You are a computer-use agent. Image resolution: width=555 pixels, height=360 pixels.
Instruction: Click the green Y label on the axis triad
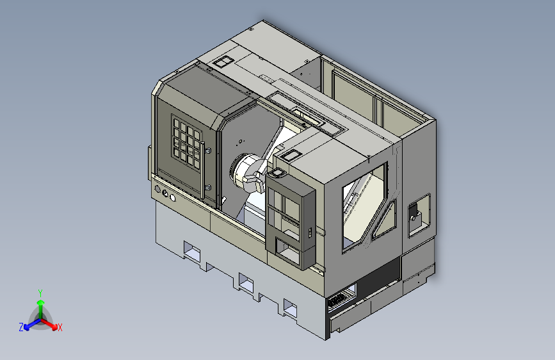coord(40,293)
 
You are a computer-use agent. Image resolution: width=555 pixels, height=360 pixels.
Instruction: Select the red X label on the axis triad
coord(60,327)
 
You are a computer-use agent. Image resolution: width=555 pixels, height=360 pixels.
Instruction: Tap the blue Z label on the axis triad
coord(21,327)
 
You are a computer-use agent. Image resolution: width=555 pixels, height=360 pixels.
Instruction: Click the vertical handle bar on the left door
coord(202,170)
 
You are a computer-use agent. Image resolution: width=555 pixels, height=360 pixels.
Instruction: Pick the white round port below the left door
coord(173,198)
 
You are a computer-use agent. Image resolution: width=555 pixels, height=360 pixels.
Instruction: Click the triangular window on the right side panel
coord(384,220)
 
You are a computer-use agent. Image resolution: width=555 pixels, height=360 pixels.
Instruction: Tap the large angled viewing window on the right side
coord(363,206)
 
